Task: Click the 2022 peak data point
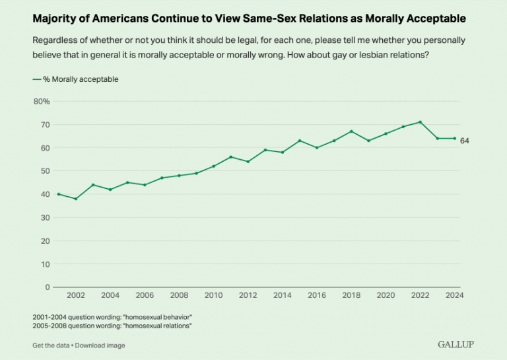420,122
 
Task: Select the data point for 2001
58,194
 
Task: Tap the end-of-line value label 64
464,141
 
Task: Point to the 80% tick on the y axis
42,101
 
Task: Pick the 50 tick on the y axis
44,171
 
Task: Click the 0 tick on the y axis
48,287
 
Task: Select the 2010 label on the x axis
213,295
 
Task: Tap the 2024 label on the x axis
455,295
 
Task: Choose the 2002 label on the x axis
75,295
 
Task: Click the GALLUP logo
456,345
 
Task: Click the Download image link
100,345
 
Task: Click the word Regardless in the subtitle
53,40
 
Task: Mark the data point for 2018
351,131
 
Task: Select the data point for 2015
300,141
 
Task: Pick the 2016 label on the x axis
317,295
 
